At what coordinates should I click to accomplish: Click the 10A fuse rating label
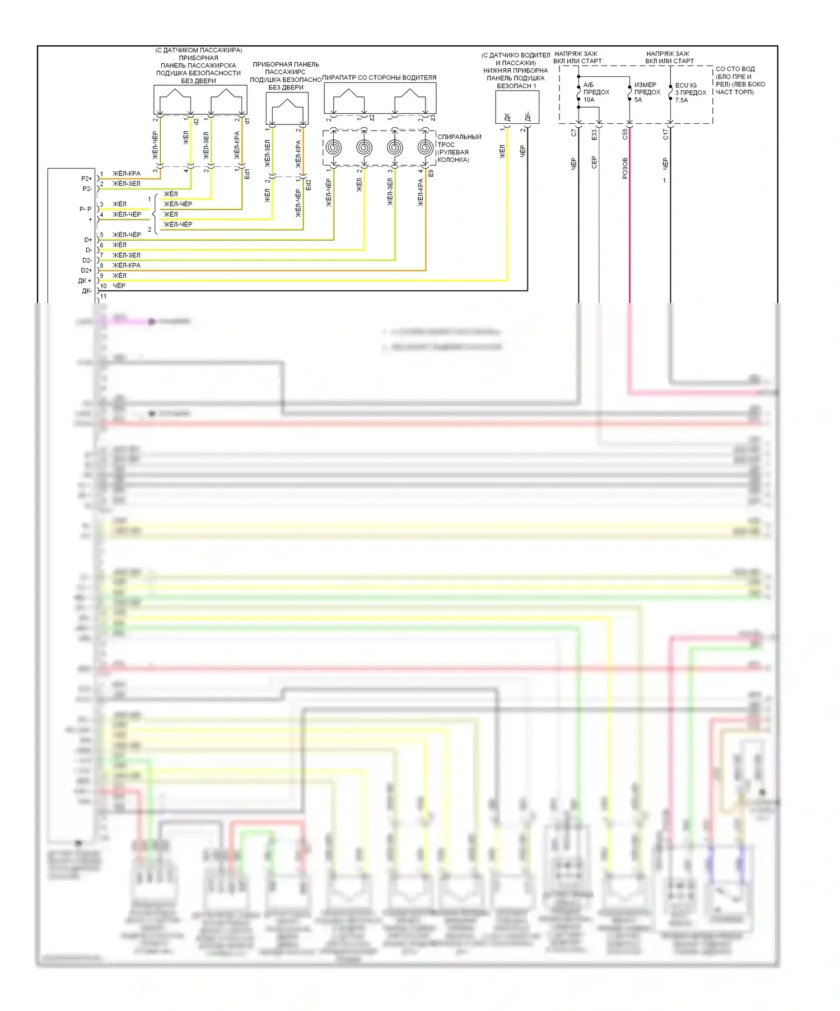point(589,100)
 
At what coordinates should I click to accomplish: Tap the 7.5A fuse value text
point(682,100)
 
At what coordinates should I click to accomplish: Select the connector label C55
point(625,134)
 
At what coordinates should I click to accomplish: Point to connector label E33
point(594,135)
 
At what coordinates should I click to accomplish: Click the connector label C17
point(665,134)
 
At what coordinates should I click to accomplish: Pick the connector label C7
point(573,133)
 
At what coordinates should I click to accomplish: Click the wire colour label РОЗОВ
point(625,168)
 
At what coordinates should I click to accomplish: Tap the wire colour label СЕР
point(594,162)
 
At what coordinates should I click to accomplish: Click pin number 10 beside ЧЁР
point(103,286)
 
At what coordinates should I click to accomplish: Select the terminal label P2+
point(86,179)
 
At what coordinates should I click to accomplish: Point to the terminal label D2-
point(87,260)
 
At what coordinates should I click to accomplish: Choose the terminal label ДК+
point(85,281)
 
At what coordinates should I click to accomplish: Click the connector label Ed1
point(247,174)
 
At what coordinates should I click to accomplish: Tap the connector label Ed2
point(308,184)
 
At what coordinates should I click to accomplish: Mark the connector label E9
point(431,174)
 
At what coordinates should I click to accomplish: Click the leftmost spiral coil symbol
point(333,148)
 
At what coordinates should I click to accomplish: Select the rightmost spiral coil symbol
point(425,148)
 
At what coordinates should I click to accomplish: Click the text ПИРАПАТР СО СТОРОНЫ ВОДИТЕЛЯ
point(379,78)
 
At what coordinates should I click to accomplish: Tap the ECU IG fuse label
point(685,86)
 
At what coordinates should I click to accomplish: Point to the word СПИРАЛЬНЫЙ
point(459,137)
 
